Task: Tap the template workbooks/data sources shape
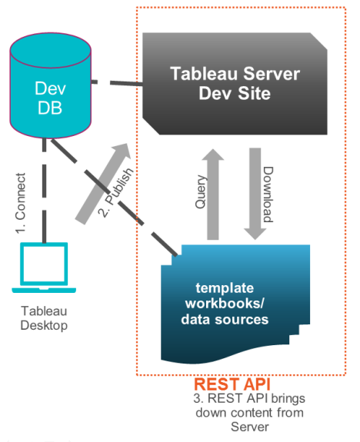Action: pyautogui.click(x=238, y=304)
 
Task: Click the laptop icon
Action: pyautogui.click(x=44, y=269)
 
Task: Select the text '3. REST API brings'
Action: pyautogui.click(x=251, y=399)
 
